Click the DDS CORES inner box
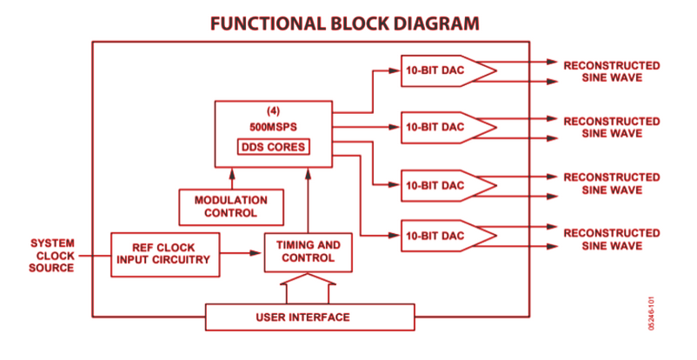273,147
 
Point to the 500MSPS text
273,126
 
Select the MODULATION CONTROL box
231,206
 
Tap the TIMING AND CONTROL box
309,252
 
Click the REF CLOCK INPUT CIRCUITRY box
166,252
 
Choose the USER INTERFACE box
309,317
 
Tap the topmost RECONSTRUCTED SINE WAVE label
611,72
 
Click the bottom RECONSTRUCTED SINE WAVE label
611,240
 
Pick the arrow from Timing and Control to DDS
309,200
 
